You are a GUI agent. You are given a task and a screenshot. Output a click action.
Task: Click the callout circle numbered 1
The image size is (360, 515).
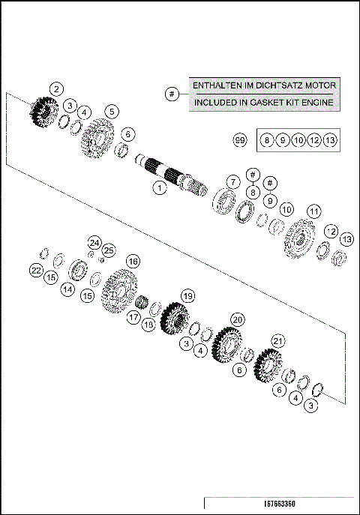pyautogui.click(x=158, y=188)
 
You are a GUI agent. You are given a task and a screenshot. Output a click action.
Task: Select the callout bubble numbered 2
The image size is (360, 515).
pyautogui.click(x=56, y=88)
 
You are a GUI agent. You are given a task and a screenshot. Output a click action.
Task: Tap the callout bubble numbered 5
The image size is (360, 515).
pyautogui.click(x=111, y=111)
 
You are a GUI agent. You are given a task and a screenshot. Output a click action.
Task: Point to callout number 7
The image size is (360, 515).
pyautogui.click(x=233, y=181)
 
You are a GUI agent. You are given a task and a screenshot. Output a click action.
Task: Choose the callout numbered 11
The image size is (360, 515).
pyautogui.click(x=313, y=211)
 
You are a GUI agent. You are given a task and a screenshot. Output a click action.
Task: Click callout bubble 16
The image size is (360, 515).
pyautogui.click(x=132, y=262)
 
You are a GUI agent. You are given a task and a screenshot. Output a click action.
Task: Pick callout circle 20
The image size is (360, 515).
pyautogui.click(x=237, y=320)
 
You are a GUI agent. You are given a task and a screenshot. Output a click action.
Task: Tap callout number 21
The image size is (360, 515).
pyautogui.click(x=278, y=342)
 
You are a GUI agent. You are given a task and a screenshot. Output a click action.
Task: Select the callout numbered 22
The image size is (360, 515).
pyautogui.click(x=35, y=270)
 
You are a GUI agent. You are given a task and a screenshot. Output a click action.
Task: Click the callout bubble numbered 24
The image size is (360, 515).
pyautogui.click(x=93, y=242)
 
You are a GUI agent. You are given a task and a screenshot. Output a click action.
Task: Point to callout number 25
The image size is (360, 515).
pyautogui.click(x=109, y=250)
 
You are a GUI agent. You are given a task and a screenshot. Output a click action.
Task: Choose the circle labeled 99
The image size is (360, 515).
pyautogui.click(x=239, y=140)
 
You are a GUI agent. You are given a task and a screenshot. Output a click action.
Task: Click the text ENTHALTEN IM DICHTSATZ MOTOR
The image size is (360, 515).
pyautogui.click(x=262, y=85)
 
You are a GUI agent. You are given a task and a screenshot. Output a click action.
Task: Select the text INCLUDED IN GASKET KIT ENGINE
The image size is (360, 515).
pyautogui.click(x=262, y=102)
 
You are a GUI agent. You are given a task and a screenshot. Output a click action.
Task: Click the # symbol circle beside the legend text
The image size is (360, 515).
pyautogui.click(x=172, y=94)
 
